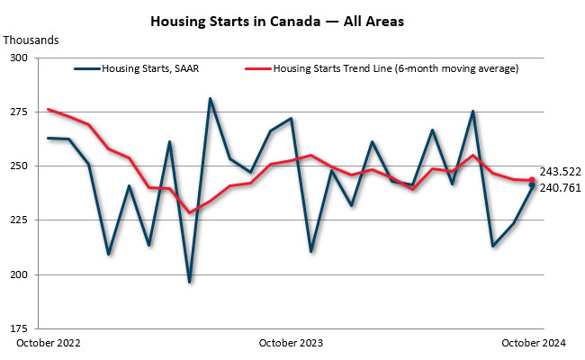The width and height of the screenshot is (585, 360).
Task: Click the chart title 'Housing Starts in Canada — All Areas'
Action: pos(275,21)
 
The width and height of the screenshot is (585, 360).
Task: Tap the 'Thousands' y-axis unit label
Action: pos(31,40)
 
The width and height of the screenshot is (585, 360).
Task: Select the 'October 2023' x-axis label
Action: pos(291,343)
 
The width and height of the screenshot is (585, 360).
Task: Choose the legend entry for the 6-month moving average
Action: pos(395,67)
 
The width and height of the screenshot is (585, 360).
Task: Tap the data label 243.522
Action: pos(561,171)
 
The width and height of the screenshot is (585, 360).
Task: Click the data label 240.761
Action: pos(561,189)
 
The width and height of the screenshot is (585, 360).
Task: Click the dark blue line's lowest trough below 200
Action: pos(189,282)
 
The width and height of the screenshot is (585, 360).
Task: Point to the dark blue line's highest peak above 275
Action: pos(210,99)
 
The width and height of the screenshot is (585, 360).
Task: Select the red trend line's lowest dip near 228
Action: pos(189,212)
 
